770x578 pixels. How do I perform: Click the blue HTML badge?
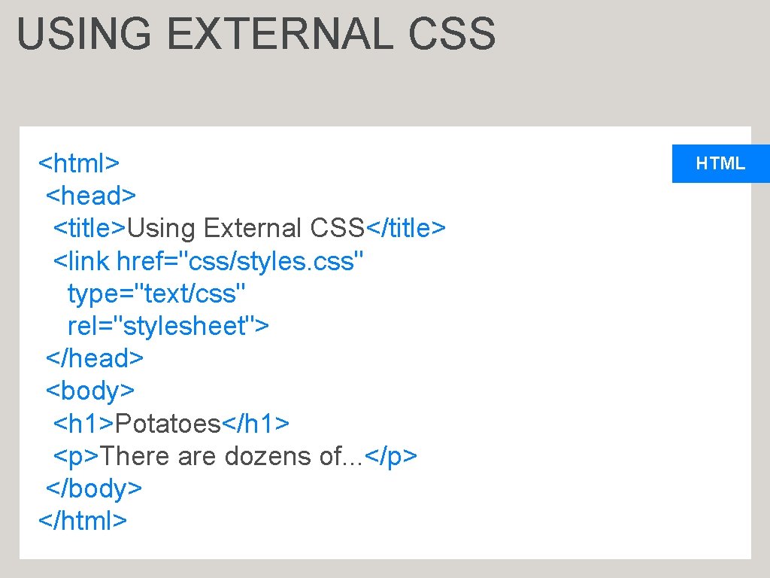(720, 163)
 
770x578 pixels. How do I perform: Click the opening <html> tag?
(79, 163)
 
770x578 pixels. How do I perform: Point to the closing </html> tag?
(83, 521)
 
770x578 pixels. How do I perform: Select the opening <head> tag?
(91, 196)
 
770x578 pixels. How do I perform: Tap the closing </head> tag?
(95, 358)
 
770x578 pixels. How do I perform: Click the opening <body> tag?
(90, 391)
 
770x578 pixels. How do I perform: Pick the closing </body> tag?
(94, 488)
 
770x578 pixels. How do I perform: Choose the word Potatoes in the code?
(167, 424)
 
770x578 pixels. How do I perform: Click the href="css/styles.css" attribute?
(241, 261)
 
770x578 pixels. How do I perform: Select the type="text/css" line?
(156, 294)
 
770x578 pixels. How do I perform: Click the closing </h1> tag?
(256, 424)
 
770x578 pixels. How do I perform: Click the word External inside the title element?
(252, 228)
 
